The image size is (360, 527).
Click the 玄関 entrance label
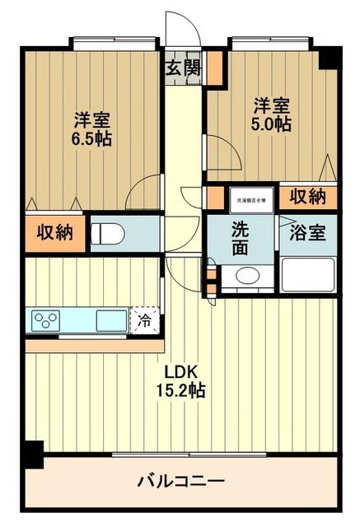click(x=184, y=68)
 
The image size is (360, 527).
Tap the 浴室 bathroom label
click(x=307, y=232)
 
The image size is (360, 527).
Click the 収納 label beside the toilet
click(x=54, y=233)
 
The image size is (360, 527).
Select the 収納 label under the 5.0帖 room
click(x=306, y=197)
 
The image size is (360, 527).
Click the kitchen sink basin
click(x=110, y=320)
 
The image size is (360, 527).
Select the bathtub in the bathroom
click(x=307, y=275)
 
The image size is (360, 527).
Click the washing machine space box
click(x=250, y=198)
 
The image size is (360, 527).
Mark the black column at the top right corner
click(x=330, y=58)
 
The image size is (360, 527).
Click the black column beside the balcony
click(x=32, y=454)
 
